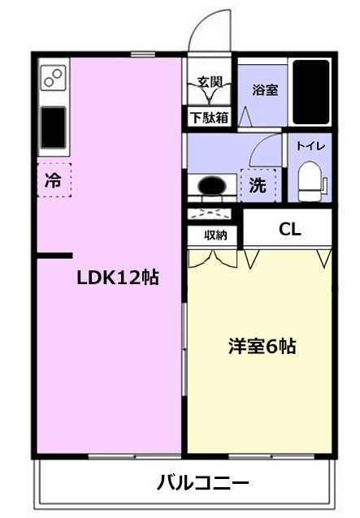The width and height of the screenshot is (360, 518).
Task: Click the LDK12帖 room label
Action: [x=118, y=278]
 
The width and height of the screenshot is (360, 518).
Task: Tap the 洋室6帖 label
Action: [x=262, y=346]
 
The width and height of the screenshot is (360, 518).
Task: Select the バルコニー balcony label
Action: [x=202, y=483]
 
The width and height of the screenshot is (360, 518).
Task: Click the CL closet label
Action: [x=290, y=229]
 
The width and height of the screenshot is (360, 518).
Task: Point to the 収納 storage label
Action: [x=215, y=235]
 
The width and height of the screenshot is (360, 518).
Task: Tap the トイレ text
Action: [x=310, y=145]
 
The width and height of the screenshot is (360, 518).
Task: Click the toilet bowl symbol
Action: [x=310, y=181]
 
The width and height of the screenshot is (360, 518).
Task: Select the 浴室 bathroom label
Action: [x=265, y=90]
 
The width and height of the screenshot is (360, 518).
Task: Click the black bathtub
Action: [x=310, y=93]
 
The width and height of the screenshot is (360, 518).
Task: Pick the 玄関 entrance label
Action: [x=210, y=82]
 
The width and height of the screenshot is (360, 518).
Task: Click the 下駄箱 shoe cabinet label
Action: [x=210, y=117]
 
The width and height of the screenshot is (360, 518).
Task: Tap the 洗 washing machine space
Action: [x=258, y=185]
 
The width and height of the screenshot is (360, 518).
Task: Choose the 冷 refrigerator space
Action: [x=54, y=180]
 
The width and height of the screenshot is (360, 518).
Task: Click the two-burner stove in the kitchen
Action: [x=53, y=78]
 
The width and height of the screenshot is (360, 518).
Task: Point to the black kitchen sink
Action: [x=53, y=127]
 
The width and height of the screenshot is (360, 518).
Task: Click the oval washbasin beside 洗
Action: [x=212, y=186]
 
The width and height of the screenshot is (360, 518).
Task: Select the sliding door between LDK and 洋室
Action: [x=184, y=349]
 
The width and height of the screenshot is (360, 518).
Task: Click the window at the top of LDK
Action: [x=142, y=54]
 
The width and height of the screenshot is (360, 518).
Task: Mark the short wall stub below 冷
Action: [x=54, y=256]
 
